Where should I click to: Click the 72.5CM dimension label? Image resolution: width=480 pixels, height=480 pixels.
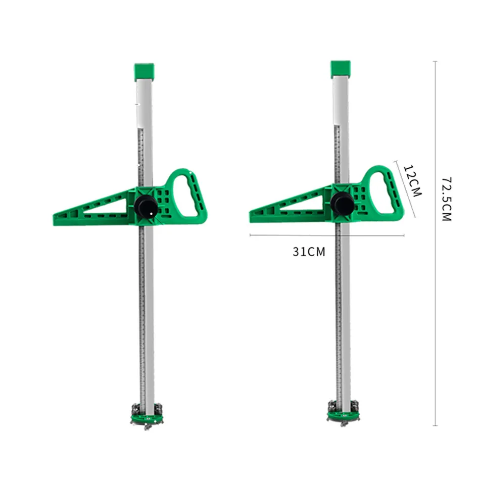coord(447,199)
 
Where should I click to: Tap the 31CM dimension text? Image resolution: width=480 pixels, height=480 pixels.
coord(309,252)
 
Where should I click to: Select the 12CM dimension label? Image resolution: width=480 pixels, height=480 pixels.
coord(413,180)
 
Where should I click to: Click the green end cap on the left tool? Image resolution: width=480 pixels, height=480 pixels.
coord(144,72)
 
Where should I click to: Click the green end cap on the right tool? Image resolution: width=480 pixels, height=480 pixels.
coord(341,69)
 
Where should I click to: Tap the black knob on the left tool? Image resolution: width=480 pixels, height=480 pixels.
coord(146,207)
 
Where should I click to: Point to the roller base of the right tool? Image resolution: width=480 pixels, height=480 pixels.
coord(343,412)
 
